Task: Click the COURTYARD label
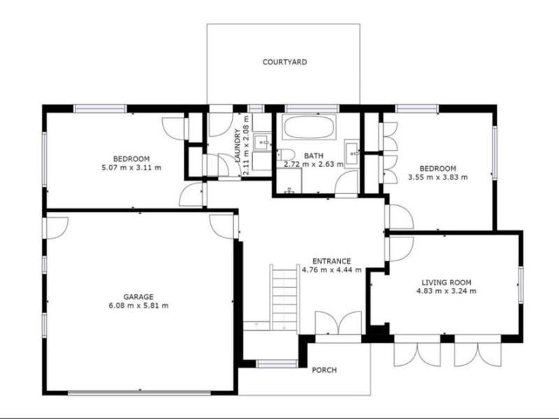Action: [284, 62]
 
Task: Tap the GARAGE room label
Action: [138, 297]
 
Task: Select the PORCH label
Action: [324, 370]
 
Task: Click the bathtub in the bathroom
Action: [309, 126]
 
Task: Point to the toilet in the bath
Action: [286, 155]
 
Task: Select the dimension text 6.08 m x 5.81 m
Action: [138, 306]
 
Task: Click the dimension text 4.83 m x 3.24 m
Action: [447, 291]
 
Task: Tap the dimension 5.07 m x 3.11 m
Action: [131, 168]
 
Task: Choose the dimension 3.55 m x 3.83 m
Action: [438, 177]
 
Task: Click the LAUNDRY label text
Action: [238, 146]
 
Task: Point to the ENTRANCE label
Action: [331, 261]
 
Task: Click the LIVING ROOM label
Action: [447, 283]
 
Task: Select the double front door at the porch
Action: [339, 323]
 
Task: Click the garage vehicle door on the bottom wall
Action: [139, 393]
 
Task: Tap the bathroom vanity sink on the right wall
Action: [352, 154]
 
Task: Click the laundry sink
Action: [262, 142]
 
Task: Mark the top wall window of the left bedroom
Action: [100, 108]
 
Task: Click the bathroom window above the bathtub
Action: [312, 108]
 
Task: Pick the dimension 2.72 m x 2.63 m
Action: [314, 164]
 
